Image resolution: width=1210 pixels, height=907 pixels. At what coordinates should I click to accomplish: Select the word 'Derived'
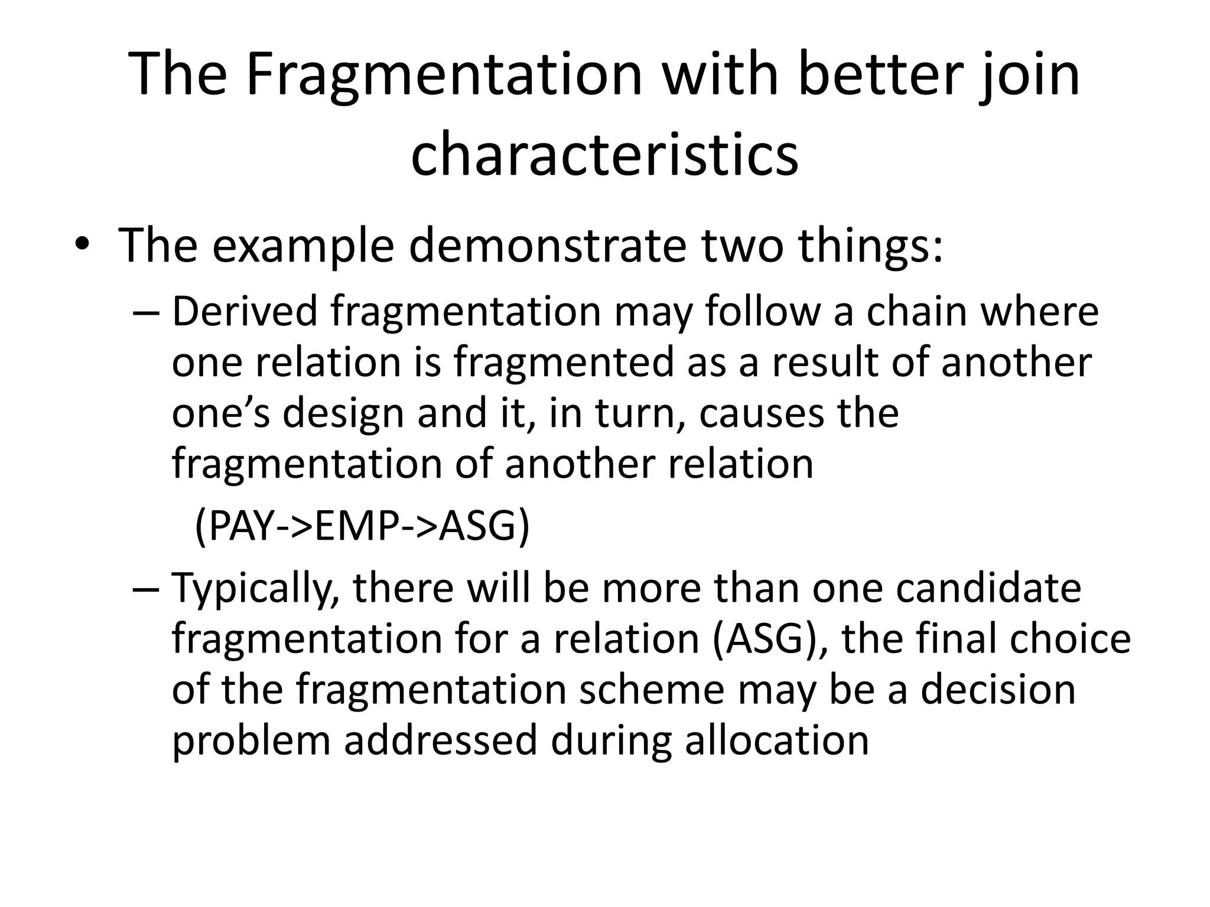245,311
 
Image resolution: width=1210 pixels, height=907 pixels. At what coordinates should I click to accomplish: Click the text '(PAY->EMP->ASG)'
362,527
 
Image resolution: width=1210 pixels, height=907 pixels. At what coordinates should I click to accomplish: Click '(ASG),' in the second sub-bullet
772,639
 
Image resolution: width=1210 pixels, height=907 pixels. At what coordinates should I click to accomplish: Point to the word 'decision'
998,689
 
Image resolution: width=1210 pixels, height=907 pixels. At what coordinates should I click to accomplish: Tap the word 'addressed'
440,740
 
